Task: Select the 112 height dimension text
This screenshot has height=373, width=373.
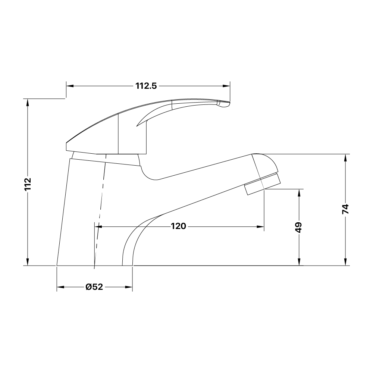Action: pos(28,184)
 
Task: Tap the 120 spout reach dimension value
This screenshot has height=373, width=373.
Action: pos(178,226)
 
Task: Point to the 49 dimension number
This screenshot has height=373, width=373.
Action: pos(298,227)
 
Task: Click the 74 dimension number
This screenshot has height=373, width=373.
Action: pos(345,209)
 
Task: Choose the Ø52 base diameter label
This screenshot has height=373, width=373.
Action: pos(94,287)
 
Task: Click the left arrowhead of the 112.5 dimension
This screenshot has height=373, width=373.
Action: pos(70,86)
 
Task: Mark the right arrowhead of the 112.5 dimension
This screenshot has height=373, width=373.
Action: pos(226,86)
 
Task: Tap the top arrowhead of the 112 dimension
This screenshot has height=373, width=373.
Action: pos(28,102)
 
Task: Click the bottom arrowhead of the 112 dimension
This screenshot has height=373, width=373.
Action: pos(28,262)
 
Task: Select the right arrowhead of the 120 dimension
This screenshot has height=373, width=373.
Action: pos(261,226)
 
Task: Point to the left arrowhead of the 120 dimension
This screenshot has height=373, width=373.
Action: pos(98,226)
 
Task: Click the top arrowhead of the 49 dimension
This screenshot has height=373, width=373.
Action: pos(298,192)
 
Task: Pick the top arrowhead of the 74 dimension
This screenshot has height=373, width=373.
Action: pos(345,158)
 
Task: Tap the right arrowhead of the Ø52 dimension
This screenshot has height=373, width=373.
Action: pos(129,287)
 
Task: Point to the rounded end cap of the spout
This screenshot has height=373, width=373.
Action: pos(269,164)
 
